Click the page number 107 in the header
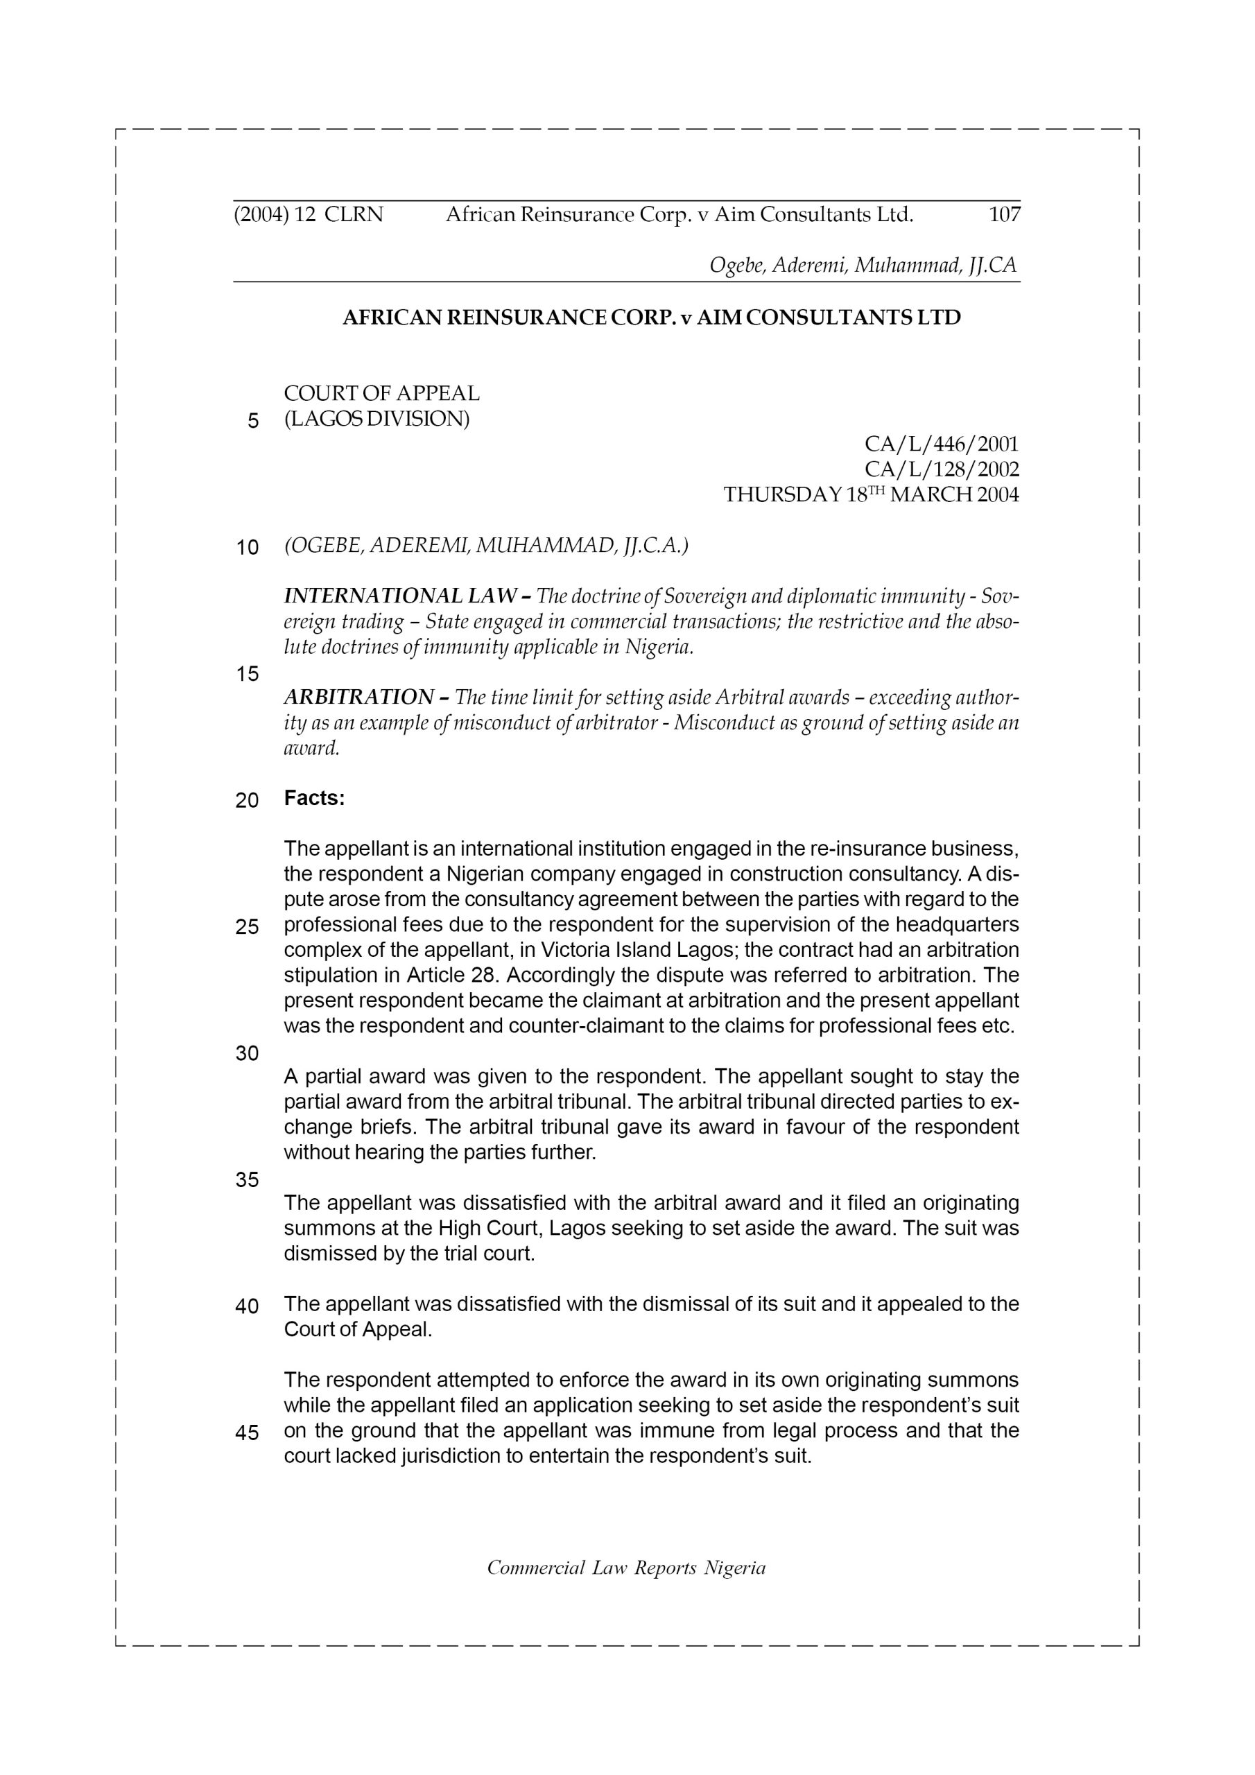click(1004, 215)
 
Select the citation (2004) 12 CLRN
click(308, 215)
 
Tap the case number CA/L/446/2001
click(941, 444)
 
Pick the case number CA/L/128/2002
click(941, 470)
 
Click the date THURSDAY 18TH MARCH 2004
click(871, 495)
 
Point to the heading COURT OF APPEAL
click(381, 394)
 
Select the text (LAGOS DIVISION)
click(376, 419)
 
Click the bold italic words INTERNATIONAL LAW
click(401, 596)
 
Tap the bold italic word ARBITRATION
click(358, 698)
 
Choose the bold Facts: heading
click(314, 799)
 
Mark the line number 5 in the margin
click(253, 422)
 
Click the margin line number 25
click(247, 927)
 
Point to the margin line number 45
click(247, 1432)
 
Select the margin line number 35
click(247, 1179)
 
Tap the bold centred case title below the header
click(651, 318)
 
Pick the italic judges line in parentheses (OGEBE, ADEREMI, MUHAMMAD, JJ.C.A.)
click(485, 546)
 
